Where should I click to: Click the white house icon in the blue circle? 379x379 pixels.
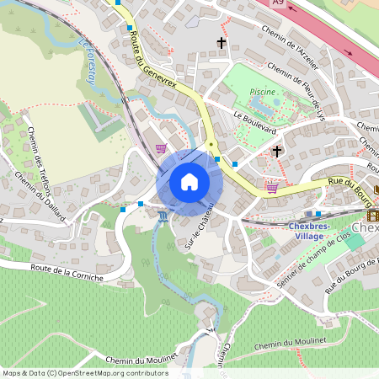tap(189, 182)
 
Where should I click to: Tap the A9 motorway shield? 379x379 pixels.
tap(278, 3)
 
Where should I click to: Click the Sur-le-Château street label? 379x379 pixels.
tap(195, 229)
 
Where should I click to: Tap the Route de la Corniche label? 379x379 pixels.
tap(67, 271)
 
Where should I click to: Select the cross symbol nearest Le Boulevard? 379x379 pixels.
tap(277, 152)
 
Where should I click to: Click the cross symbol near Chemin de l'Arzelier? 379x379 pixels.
tap(223, 41)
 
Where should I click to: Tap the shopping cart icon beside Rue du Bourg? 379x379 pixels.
tap(272, 187)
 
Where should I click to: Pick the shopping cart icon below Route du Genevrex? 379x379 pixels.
tap(161, 148)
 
